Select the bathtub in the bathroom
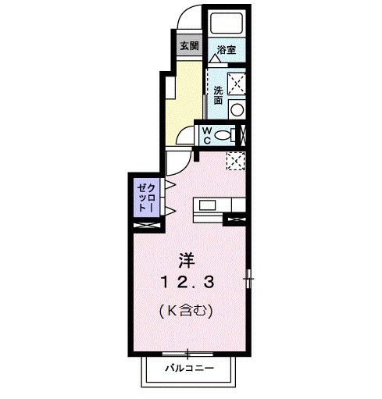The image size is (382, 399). (x=227, y=21)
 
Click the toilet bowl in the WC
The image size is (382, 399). (x=224, y=135)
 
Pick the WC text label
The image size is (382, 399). (x=208, y=134)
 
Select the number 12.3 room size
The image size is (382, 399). (x=187, y=280)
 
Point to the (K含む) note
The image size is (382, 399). (x=187, y=310)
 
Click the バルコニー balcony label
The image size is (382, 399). (x=187, y=366)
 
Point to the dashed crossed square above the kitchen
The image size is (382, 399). (x=235, y=160)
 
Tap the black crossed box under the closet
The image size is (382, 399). (x=145, y=225)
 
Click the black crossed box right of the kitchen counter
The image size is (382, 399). (x=235, y=219)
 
